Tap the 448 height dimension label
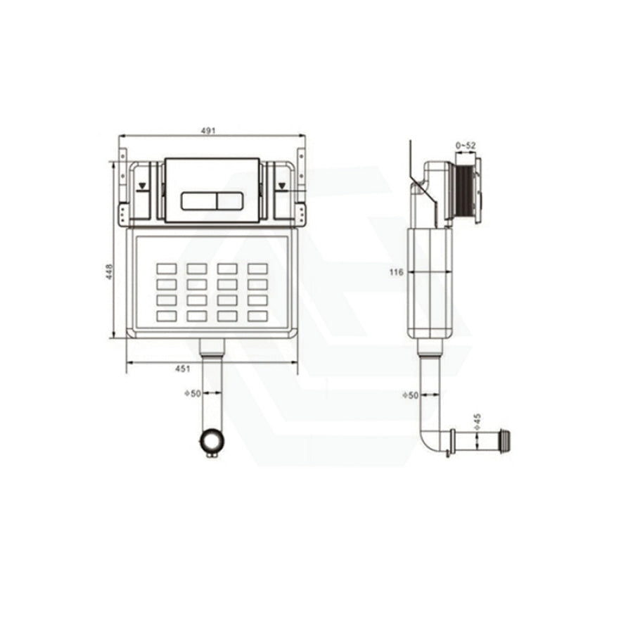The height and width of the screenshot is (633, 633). pyautogui.click(x=109, y=272)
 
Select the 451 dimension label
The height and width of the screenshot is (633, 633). pyautogui.click(x=182, y=369)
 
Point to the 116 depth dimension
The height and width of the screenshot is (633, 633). pyautogui.click(x=397, y=272)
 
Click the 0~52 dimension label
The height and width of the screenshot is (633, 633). pyautogui.click(x=466, y=146)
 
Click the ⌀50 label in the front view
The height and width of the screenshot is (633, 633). pyautogui.click(x=193, y=392)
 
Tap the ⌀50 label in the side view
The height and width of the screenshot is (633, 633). pyautogui.click(x=411, y=395)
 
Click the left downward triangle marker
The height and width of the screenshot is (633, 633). pyautogui.click(x=141, y=186)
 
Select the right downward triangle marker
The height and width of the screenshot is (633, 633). pyautogui.click(x=282, y=186)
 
